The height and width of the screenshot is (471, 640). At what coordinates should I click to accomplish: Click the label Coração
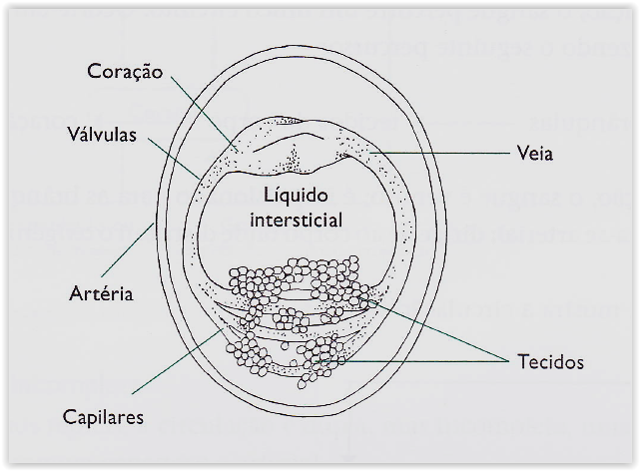125,72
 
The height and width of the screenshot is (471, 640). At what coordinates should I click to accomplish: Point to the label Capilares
102,417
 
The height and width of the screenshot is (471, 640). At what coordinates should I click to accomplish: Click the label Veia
537,154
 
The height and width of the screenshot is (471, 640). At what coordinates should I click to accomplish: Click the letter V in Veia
524,154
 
